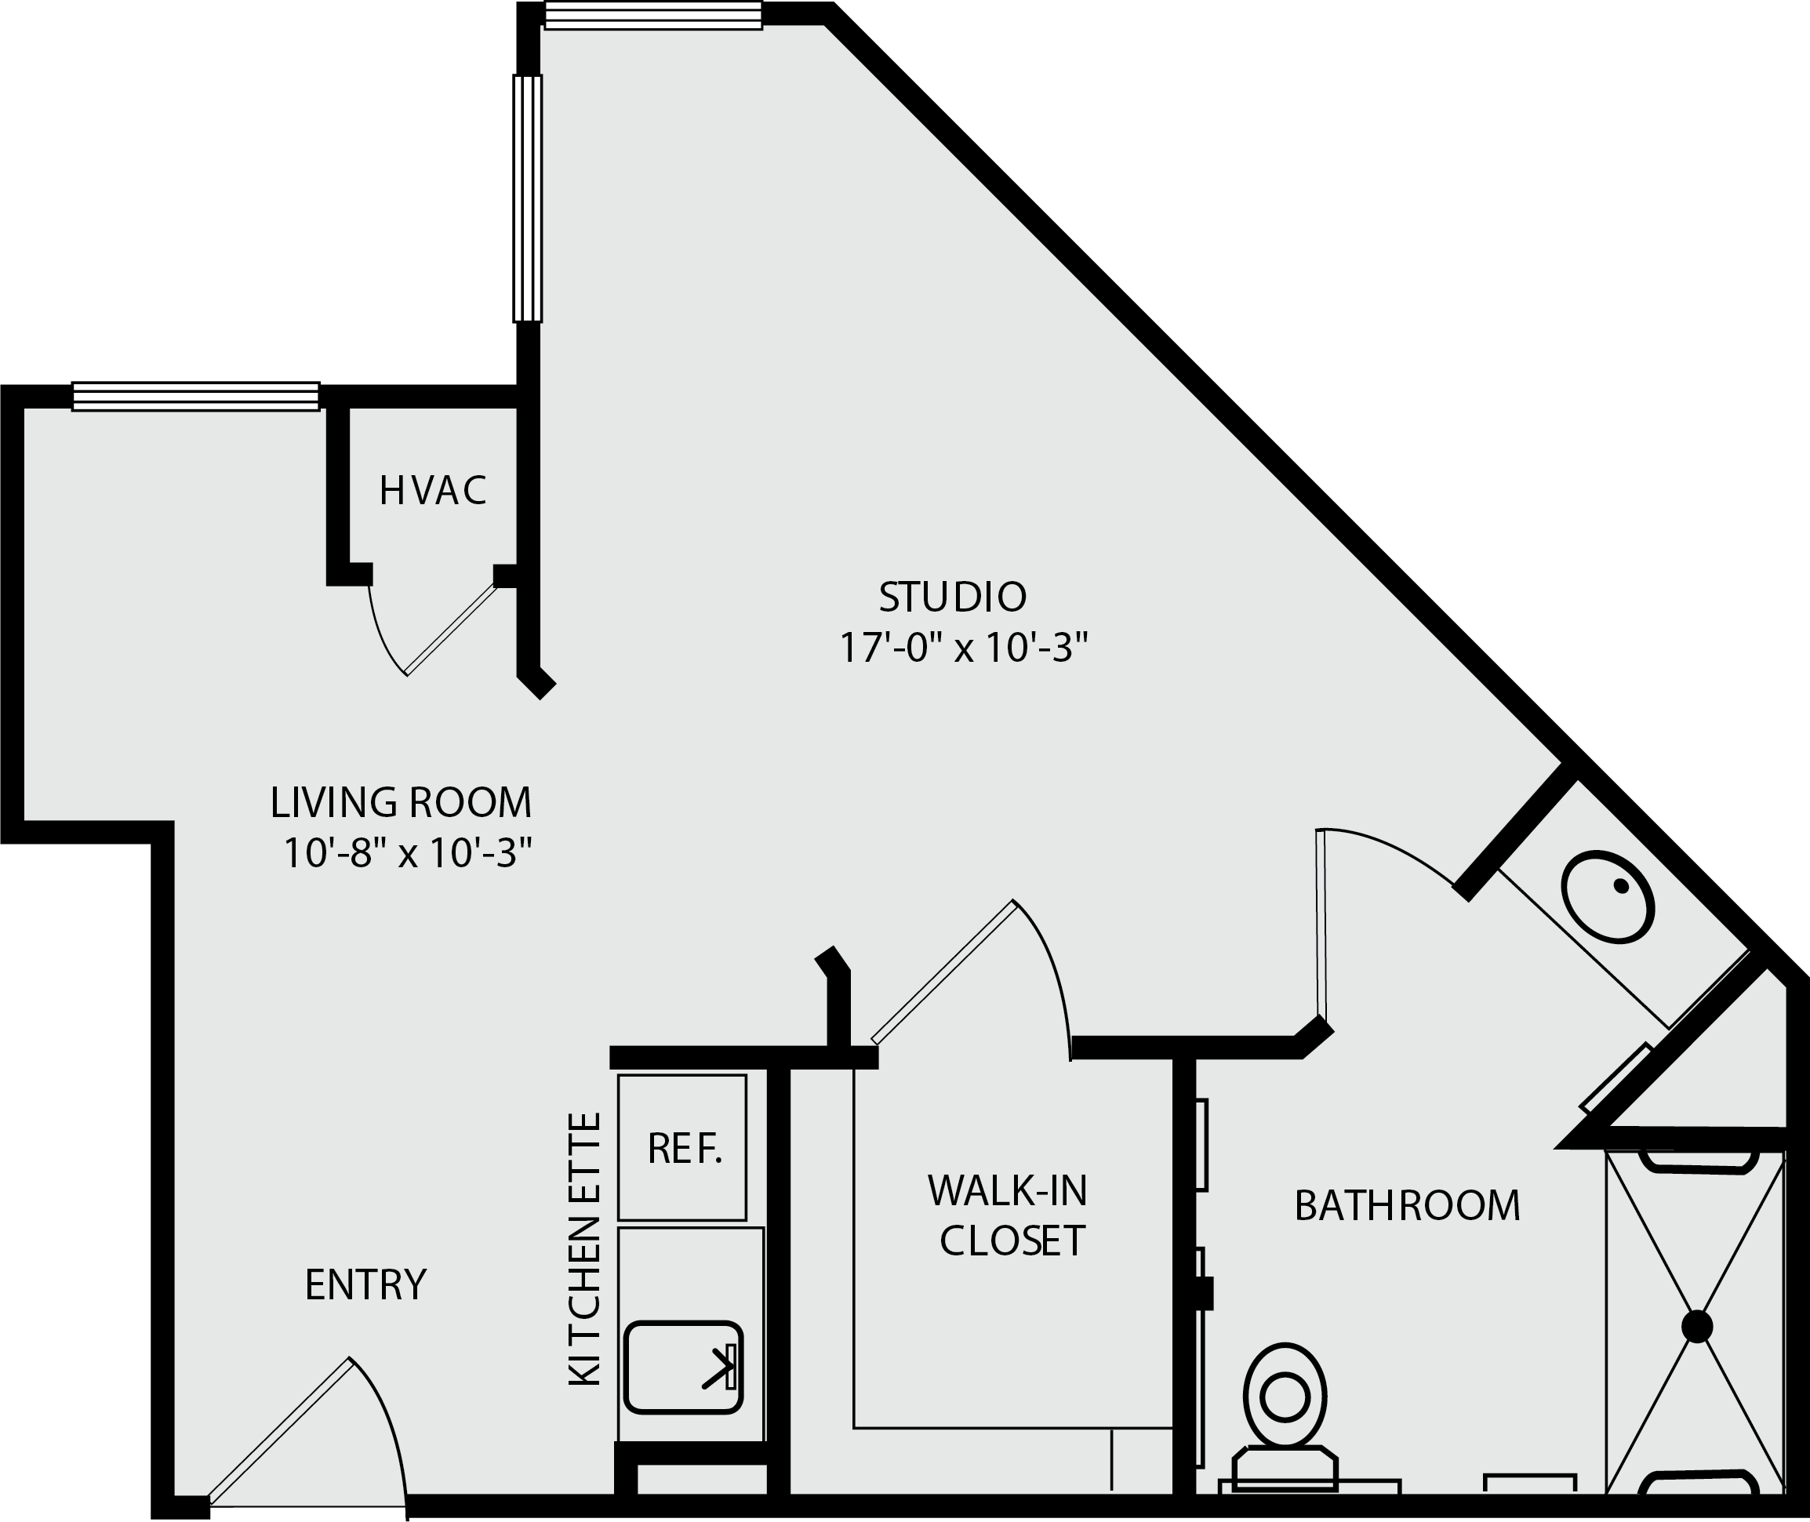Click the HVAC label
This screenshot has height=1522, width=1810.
[x=433, y=491]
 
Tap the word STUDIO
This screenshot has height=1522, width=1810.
[x=953, y=597]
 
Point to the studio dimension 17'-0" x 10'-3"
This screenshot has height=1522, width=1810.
[x=964, y=648]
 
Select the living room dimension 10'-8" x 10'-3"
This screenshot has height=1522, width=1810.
[x=406, y=854]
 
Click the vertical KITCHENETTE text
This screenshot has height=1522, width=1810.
[x=584, y=1250]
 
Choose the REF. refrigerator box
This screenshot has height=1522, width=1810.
[x=681, y=1147]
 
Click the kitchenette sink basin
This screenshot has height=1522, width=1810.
[x=683, y=1368]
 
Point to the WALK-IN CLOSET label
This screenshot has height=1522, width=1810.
[x=1009, y=1216]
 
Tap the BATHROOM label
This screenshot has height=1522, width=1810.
[x=1407, y=1206]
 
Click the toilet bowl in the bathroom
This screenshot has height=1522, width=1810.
[x=1285, y=1396]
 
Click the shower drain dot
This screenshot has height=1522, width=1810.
[x=1697, y=1327]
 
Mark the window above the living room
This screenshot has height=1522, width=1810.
[x=196, y=396]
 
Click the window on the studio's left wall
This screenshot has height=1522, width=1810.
[x=528, y=198]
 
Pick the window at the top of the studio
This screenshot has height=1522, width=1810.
[x=654, y=16]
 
